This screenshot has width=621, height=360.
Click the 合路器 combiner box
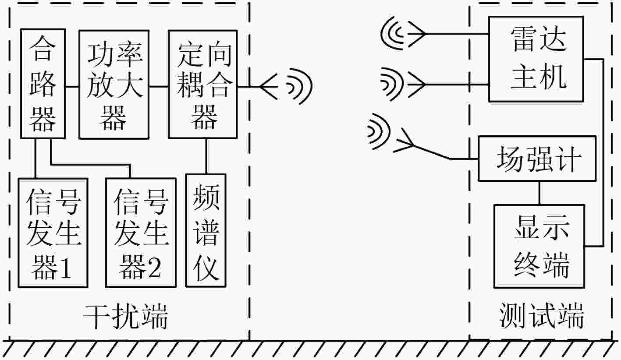tap(43, 84)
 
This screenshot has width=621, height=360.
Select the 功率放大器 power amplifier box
tap(114, 85)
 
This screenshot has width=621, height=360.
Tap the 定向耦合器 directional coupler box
tap(203, 85)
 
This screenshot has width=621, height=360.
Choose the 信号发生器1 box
tap(53, 232)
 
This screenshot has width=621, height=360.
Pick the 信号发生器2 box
tap(141, 232)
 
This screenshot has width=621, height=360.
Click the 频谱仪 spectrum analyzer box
tap(206, 230)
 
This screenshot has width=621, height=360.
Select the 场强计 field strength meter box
tap(537, 159)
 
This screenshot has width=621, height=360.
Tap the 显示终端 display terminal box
tap(539, 246)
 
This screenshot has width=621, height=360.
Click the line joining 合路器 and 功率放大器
tap(72, 86)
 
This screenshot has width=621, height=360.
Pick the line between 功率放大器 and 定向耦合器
tap(159, 86)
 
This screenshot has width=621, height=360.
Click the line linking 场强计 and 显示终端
tap(539, 193)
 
